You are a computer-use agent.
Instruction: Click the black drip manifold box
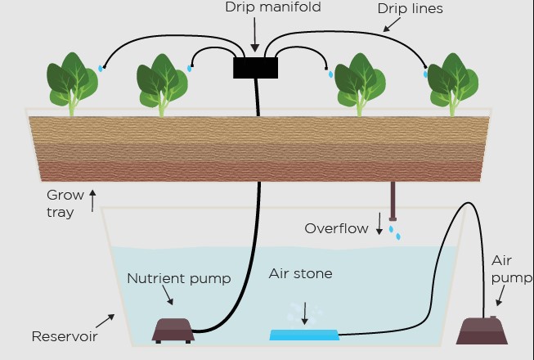[x=255, y=68]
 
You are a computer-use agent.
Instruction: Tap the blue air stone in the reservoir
[x=304, y=335]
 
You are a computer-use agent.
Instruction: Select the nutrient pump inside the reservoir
[x=173, y=331]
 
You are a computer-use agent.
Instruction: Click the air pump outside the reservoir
[x=482, y=330]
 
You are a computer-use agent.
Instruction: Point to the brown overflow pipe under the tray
[x=393, y=201]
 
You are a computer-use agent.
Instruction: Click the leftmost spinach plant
[x=72, y=83]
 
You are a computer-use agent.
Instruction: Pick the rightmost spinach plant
[x=453, y=84]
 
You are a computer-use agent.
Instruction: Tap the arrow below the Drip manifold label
[x=254, y=34]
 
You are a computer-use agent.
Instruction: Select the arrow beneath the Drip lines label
[x=392, y=25]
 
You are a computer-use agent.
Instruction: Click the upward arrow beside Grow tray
[x=92, y=200]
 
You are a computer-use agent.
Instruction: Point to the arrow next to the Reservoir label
[x=105, y=321]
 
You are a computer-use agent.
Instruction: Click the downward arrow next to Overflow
[x=379, y=223]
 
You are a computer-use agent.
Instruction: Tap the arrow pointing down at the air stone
[x=305, y=313]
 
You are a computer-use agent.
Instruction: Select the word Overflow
[x=336, y=228]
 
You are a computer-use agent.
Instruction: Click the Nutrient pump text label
[x=179, y=279]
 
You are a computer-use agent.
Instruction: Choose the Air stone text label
[x=300, y=273]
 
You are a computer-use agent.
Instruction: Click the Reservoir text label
[x=65, y=336]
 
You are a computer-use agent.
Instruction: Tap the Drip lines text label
[x=410, y=8]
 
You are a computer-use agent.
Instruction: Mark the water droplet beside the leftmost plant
[x=101, y=69]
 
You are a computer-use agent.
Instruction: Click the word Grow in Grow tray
[x=65, y=196]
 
